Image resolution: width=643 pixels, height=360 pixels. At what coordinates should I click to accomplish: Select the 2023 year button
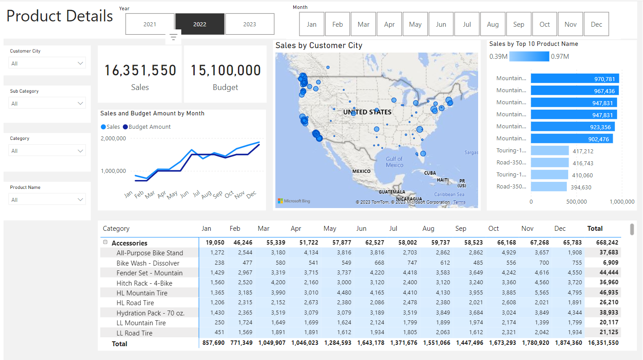pos(250,24)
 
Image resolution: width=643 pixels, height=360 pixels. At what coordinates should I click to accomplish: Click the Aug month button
pos(493,24)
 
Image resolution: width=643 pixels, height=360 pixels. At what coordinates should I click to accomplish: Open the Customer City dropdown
pos(47,63)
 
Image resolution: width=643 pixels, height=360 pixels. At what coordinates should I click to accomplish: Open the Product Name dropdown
pos(47,200)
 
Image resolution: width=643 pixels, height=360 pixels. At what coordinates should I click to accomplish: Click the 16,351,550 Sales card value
pos(140,70)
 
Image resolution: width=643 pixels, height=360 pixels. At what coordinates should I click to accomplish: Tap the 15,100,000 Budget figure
pos(225,70)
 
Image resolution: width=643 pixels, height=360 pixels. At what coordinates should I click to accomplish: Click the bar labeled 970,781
pos(574,78)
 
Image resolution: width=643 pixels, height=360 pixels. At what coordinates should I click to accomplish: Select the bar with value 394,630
pos(549,187)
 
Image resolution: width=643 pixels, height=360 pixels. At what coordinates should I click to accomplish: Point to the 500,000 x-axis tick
pos(576,202)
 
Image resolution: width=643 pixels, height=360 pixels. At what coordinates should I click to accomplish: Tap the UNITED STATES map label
pos(367,112)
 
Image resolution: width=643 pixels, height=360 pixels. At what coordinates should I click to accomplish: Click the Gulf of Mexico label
pos(394,162)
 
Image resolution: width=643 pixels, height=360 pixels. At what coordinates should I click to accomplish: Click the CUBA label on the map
pos(430,173)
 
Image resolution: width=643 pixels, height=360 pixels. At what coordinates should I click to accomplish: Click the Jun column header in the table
pos(361,229)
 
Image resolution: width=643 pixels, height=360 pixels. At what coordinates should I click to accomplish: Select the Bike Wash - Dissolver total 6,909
pos(609,263)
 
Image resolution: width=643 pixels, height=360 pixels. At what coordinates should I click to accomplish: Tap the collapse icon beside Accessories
pos(105,242)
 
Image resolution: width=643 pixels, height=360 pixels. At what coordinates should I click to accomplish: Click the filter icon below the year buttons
pos(173,37)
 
